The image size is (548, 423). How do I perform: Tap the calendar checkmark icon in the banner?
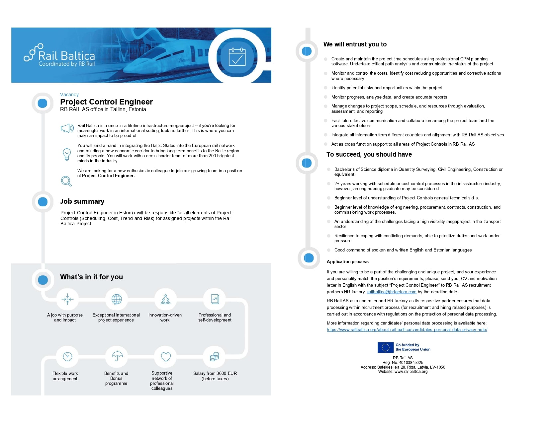click(237, 57)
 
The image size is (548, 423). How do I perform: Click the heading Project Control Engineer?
click(106, 102)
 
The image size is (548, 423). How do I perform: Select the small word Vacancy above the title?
click(69, 95)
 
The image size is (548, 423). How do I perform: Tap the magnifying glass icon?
click(66, 181)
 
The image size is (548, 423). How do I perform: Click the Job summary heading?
click(82, 201)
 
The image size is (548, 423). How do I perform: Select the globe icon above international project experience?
click(117, 299)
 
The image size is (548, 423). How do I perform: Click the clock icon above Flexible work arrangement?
click(67, 357)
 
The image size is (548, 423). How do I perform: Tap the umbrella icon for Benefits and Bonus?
click(117, 356)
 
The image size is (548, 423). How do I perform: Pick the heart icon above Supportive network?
click(166, 357)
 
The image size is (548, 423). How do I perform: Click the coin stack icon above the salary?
click(215, 357)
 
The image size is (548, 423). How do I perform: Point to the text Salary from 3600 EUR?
click(215, 373)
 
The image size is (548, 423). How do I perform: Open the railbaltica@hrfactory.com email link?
click(392, 292)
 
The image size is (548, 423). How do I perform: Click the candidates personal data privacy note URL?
click(407, 330)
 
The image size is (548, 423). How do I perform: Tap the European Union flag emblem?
click(385, 347)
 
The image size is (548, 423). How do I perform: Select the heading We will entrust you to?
click(355, 44)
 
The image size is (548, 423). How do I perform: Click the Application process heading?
click(347, 262)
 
